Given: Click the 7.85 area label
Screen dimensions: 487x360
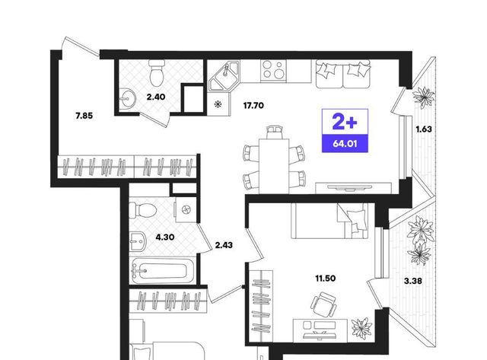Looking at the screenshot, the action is point(84,116).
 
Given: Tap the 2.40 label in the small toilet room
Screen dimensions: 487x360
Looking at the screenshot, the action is point(156,97).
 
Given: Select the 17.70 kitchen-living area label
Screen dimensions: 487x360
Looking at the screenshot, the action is point(253,106).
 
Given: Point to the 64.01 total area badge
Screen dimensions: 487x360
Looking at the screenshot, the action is point(345,144).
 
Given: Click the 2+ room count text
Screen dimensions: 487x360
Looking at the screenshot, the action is point(345,122).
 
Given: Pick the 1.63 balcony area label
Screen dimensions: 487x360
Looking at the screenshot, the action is point(424,129).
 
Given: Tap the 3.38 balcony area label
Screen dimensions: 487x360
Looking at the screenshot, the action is point(412,282).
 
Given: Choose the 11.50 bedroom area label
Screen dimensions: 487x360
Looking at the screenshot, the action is point(326,279).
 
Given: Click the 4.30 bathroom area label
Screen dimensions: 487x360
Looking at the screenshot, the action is point(165,237).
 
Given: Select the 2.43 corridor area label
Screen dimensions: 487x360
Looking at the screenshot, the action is point(224,245).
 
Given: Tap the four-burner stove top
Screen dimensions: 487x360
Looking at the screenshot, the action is point(273,70).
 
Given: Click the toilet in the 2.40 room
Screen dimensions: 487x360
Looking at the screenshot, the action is point(157,72).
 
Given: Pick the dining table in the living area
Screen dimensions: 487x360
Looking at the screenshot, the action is point(274,166).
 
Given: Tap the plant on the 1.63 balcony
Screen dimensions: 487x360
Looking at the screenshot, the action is point(423,97).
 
